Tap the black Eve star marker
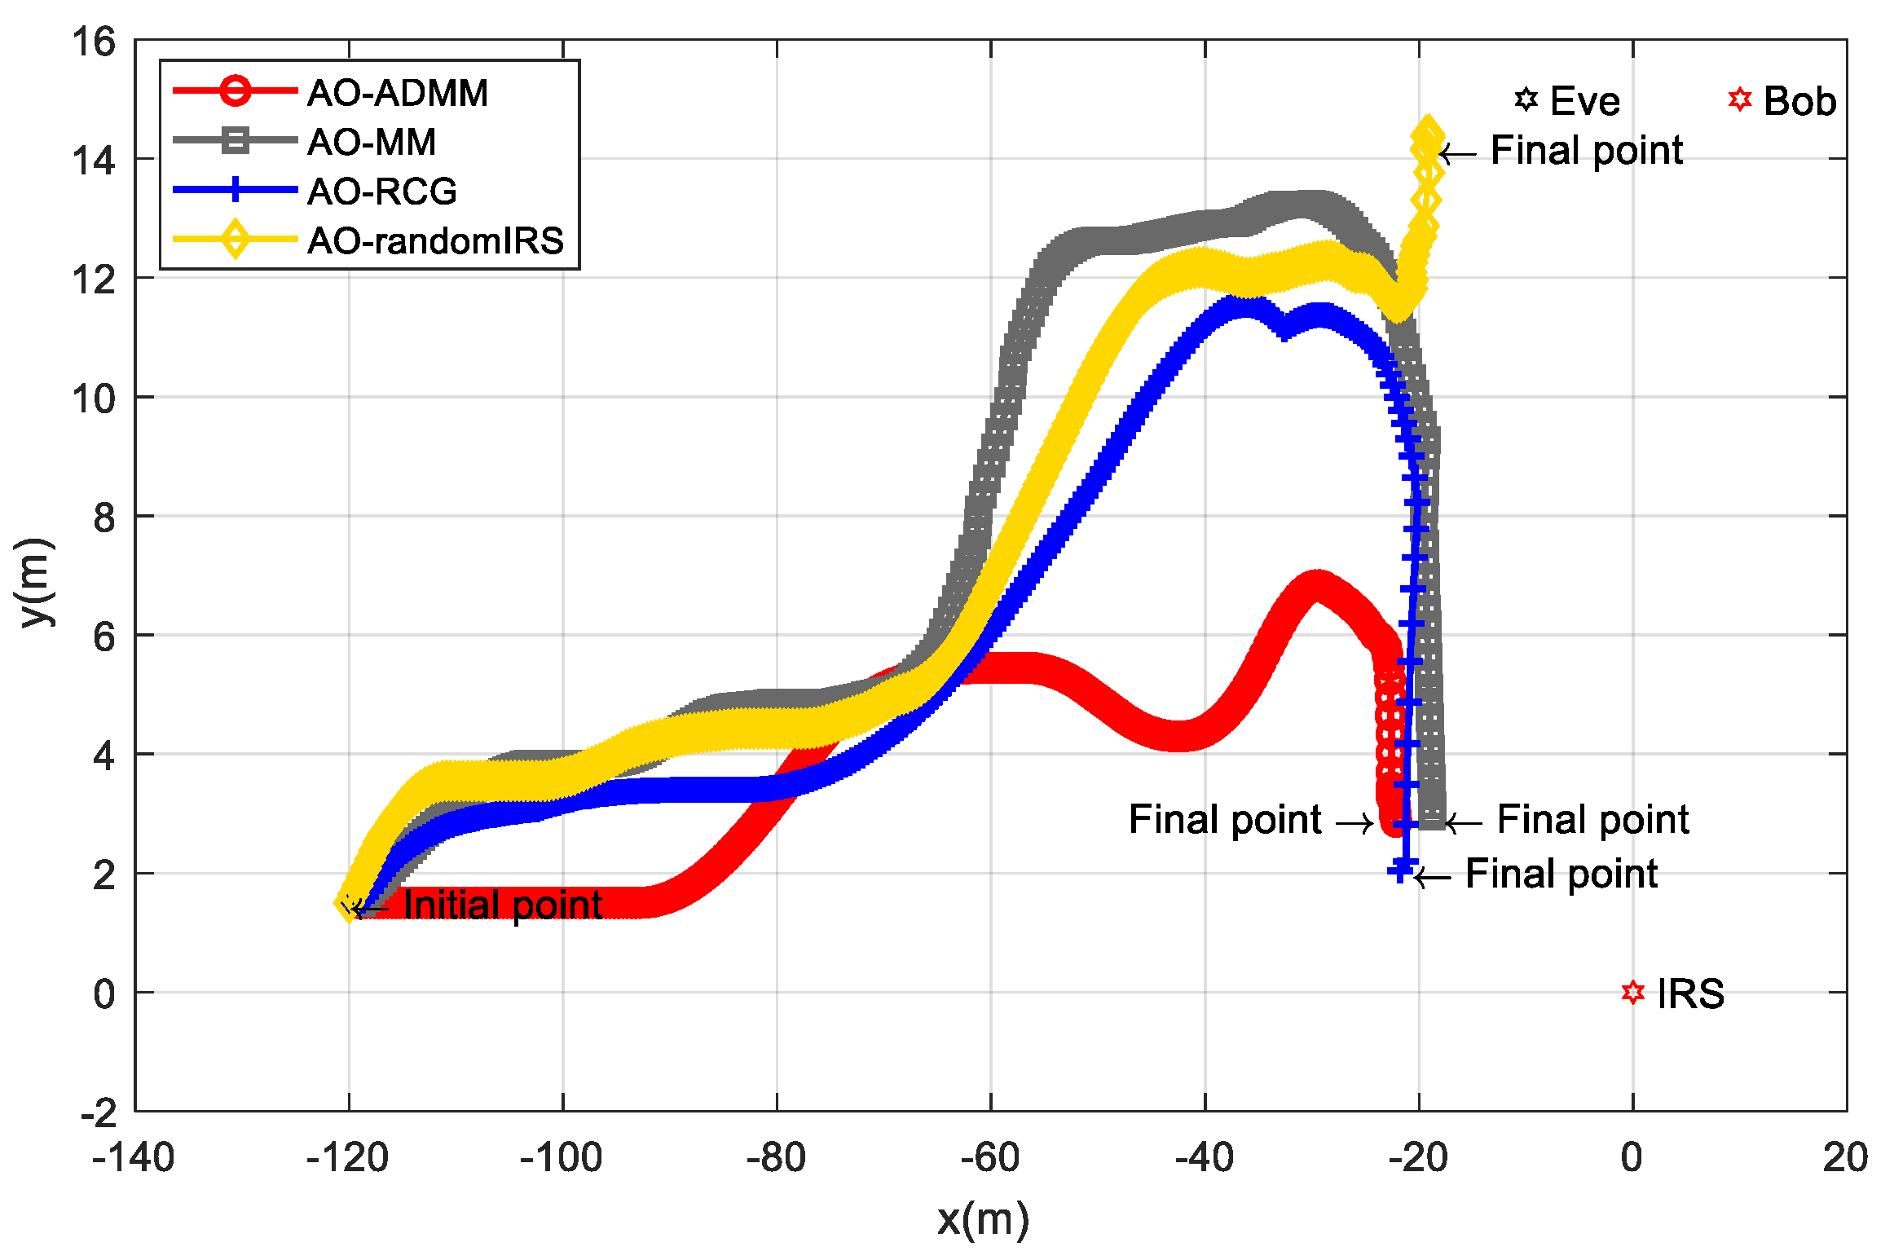point(1526,99)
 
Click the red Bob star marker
point(1739,99)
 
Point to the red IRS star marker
point(1632,992)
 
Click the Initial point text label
point(502,905)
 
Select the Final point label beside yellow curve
point(1586,151)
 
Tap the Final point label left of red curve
point(1224,819)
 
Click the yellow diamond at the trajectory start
point(349,904)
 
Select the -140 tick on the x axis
point(134,1158)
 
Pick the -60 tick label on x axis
point(990,1158)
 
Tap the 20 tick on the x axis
point(1845,1158)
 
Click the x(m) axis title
point(983,1219)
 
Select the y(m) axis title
point(36,582)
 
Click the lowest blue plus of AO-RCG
point(1400,871)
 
